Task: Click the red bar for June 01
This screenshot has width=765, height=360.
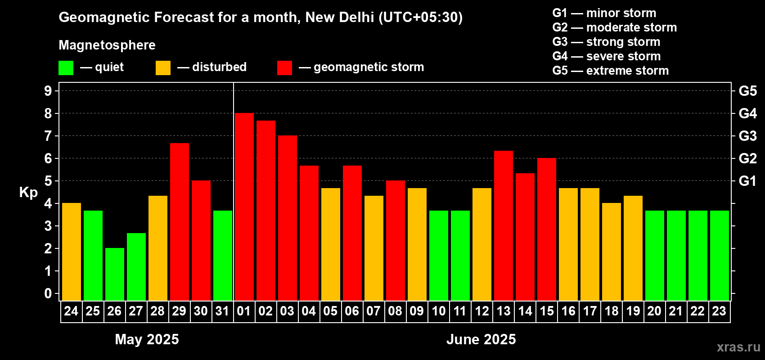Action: tap(244, 207)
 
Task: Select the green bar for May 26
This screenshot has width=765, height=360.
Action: tap(114, 274)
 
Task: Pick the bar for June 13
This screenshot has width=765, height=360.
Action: tap(503, 225)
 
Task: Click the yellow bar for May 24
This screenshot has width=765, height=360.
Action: tap(71, 252)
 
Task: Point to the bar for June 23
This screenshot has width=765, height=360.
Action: tap(719, 255)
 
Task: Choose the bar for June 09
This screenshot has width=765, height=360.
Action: tap(417, 244)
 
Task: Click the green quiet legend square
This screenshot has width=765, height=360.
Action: tap(66, 68)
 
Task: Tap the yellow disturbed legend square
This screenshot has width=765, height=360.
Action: tap(163, 68)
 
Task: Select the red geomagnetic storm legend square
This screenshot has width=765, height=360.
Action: tap(284, 68)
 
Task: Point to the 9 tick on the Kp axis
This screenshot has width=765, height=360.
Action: tap(48, 91)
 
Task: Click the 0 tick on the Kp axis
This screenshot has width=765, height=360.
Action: tap(48, 294)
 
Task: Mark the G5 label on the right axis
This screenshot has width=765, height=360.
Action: tap(747, 91)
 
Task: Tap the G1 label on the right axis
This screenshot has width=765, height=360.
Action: tap(747, 181)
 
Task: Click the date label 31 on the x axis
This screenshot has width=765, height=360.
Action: tap(222, 311)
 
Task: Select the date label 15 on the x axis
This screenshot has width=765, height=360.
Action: tap(546, 311)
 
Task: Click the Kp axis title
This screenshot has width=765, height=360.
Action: tap(28, 193)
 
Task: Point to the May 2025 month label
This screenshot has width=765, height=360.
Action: tap(147, 339)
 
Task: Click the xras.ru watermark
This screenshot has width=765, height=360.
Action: tap(738, 347)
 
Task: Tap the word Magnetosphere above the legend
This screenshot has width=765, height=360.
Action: tap(107, 45)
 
